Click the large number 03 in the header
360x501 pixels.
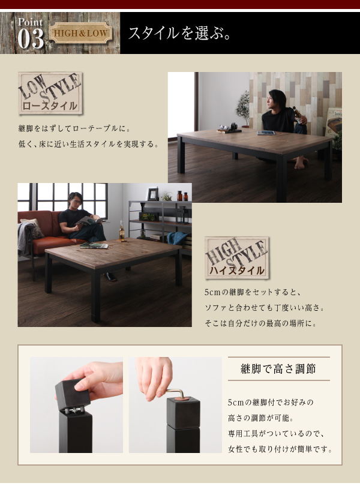(x=31, y=39)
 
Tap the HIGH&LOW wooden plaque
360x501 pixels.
(x=81, y=33)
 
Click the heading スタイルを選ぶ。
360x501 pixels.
(x=179, y=33)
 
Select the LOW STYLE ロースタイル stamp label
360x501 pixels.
(x=50, y=93)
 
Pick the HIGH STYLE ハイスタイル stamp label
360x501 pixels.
(x=236, y=257)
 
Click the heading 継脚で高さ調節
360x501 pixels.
(x=278, y=369)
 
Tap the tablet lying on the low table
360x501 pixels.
(x=266, y=133)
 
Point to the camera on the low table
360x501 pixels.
(x=233, y=126)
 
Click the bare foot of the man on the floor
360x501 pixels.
(x=301, y=164)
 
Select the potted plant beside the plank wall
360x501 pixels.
(x=244, y=109)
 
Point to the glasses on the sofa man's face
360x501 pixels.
(x=76, y=202)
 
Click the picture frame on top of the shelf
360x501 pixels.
(x=152, y=194)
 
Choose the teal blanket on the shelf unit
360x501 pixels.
(x=176, y=238)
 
